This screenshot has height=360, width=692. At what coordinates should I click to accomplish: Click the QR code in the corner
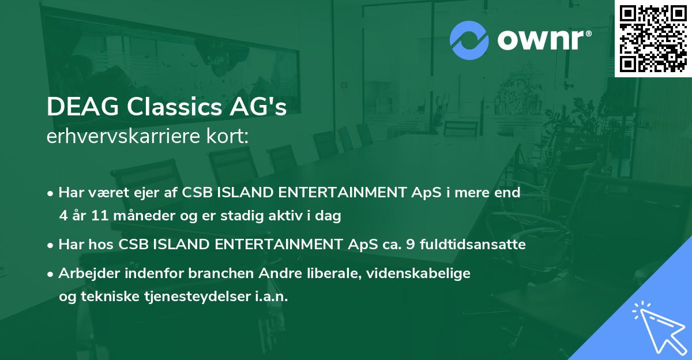(653, 38)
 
